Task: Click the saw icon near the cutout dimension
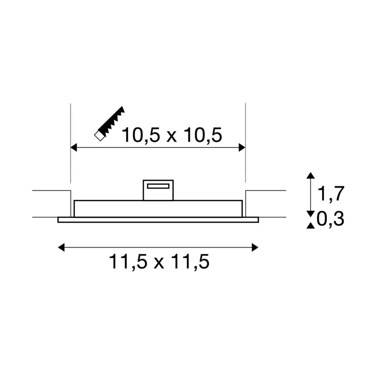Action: (109, 123)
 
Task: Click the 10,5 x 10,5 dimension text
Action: (172, 135)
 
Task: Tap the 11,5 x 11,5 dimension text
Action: (159, 262)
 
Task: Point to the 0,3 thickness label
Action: (330, 219)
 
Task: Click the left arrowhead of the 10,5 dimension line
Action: (74, 148)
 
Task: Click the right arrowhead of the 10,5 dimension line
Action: (242, 148)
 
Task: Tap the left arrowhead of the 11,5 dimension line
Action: (61, 247)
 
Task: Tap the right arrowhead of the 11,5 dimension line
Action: (255, 247)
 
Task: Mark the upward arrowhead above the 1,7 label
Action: (311, 175)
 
